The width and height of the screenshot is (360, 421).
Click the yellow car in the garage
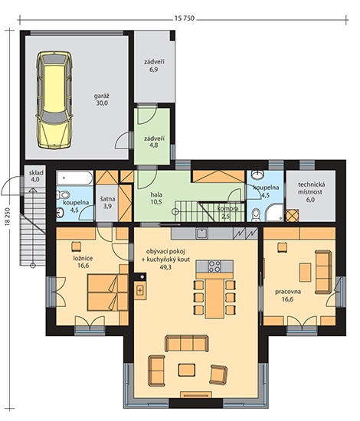point(54,99)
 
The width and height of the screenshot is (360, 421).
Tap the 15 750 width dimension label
point(185,18)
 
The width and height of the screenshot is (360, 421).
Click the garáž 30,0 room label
point(102,99)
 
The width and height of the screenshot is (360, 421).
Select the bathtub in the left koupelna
point(75,178)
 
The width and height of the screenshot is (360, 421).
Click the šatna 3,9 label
point(107,202)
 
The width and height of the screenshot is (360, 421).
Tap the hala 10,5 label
point(156,198)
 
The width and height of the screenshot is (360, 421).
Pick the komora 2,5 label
point(227,212)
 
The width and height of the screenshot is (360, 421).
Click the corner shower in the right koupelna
point(274,211)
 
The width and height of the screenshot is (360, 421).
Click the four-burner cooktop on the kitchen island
point(214,266)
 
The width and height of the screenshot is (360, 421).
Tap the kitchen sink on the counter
point(202,233)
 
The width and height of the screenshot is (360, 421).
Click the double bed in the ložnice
point(107,292)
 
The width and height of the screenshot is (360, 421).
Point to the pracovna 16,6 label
point(287,295)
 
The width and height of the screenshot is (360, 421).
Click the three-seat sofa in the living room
point(187,343)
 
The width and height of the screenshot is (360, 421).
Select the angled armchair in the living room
point(219,374)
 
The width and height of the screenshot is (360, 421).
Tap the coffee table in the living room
point(187,370)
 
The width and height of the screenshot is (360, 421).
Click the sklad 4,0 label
point(36,176)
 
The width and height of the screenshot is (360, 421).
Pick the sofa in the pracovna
point(323,272)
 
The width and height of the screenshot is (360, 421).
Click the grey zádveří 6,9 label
point(154,66)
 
